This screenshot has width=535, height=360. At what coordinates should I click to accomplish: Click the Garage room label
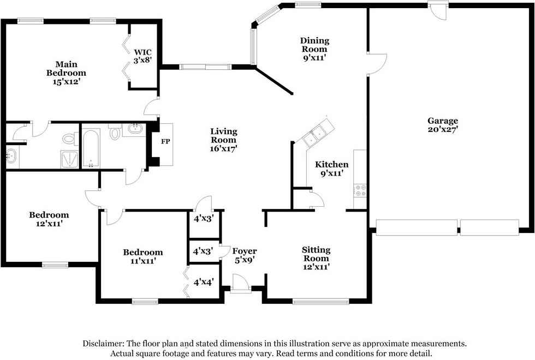click(x=443, y=121)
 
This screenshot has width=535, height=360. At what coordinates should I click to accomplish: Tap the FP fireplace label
click(x=165, y=141)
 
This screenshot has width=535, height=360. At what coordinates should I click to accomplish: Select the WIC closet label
click(x=142, y=52)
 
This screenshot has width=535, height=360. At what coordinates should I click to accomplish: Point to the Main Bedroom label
click(x=66, y=69)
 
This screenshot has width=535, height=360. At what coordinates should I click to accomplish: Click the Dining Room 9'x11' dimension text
click(x=314, y=58)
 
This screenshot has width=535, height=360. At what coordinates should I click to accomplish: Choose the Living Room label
click(x=224, y=135)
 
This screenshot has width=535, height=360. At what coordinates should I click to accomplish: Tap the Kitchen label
click(x=332, y=165)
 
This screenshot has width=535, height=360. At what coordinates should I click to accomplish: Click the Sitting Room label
click(x=316, y=254)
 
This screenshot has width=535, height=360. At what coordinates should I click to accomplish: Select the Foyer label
click(x=245, y=251)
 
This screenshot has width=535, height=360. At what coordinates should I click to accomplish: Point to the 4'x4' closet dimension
click(x=204, y=283)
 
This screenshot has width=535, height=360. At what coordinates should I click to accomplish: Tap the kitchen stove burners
click(x=360, y=191)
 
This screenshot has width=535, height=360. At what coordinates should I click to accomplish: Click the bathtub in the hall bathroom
click(x=91, y=148)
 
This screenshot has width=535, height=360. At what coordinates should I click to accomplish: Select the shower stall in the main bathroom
click(x=69, y=159)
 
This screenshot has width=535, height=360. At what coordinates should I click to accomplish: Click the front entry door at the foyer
click(x=241, y=283)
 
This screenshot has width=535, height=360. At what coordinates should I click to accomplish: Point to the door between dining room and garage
click(x=377, y=64)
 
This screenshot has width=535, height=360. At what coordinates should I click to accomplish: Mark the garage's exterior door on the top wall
click(x=438, y=10)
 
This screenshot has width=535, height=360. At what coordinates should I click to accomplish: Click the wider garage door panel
click(x=417, y=227)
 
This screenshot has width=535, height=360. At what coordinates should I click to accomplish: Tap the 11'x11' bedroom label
click(x=143, y=257)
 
